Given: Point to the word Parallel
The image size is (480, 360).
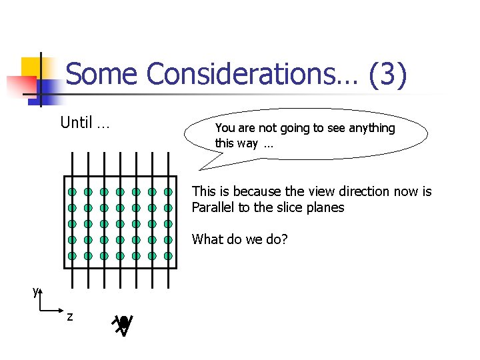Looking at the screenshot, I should (x=213, y=207).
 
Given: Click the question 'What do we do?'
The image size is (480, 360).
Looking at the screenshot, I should (x=239, y=239).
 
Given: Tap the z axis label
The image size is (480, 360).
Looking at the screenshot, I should (x=70, y=316).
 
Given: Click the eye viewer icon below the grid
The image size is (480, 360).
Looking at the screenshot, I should (x=123, y=324).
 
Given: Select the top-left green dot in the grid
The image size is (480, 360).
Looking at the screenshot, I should (x=71, y=192).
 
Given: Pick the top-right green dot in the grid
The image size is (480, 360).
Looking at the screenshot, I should (x=168, y=192).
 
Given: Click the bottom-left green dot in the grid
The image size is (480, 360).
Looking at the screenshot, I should (x=71, y=255).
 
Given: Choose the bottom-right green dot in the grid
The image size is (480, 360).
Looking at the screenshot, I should (x=168, y=255).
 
